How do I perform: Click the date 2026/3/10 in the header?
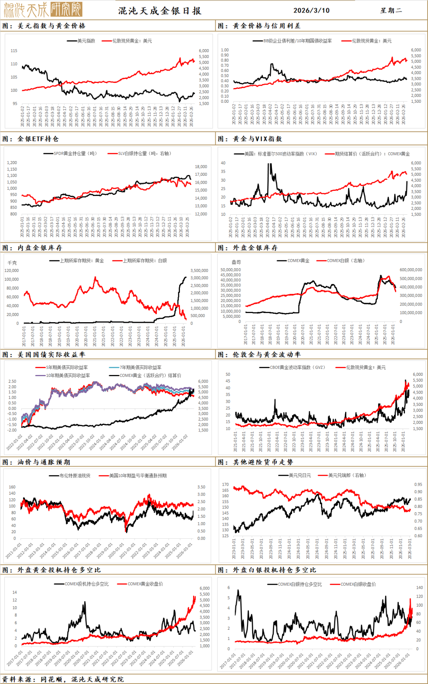tap(311, 10)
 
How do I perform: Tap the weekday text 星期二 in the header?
tap(391, 10)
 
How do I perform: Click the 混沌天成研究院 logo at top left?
tap(43, 10)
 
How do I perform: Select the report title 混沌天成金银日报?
tap(160, 11)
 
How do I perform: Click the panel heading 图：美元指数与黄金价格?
tap(44, 26)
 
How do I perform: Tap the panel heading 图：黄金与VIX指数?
tap(250, 139)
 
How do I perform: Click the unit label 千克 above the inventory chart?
tap(12, 263)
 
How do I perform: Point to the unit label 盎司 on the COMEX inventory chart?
tap(236, 262)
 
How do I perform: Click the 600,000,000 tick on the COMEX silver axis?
tap(411, 270)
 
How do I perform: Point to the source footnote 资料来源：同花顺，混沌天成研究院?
tap(63, 679)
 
